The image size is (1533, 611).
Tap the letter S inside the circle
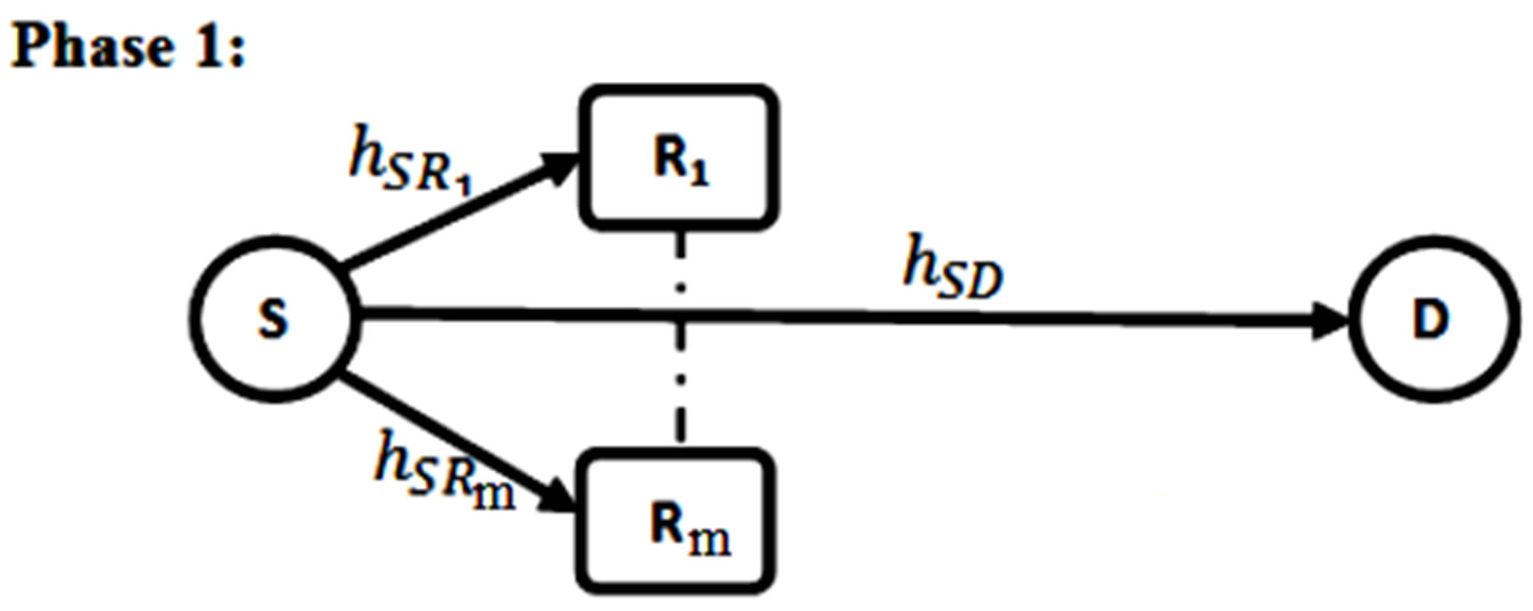tap(274, 319)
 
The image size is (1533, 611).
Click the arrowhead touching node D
tap(1332, 320)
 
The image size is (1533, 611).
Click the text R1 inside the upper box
tap(681, 161)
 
